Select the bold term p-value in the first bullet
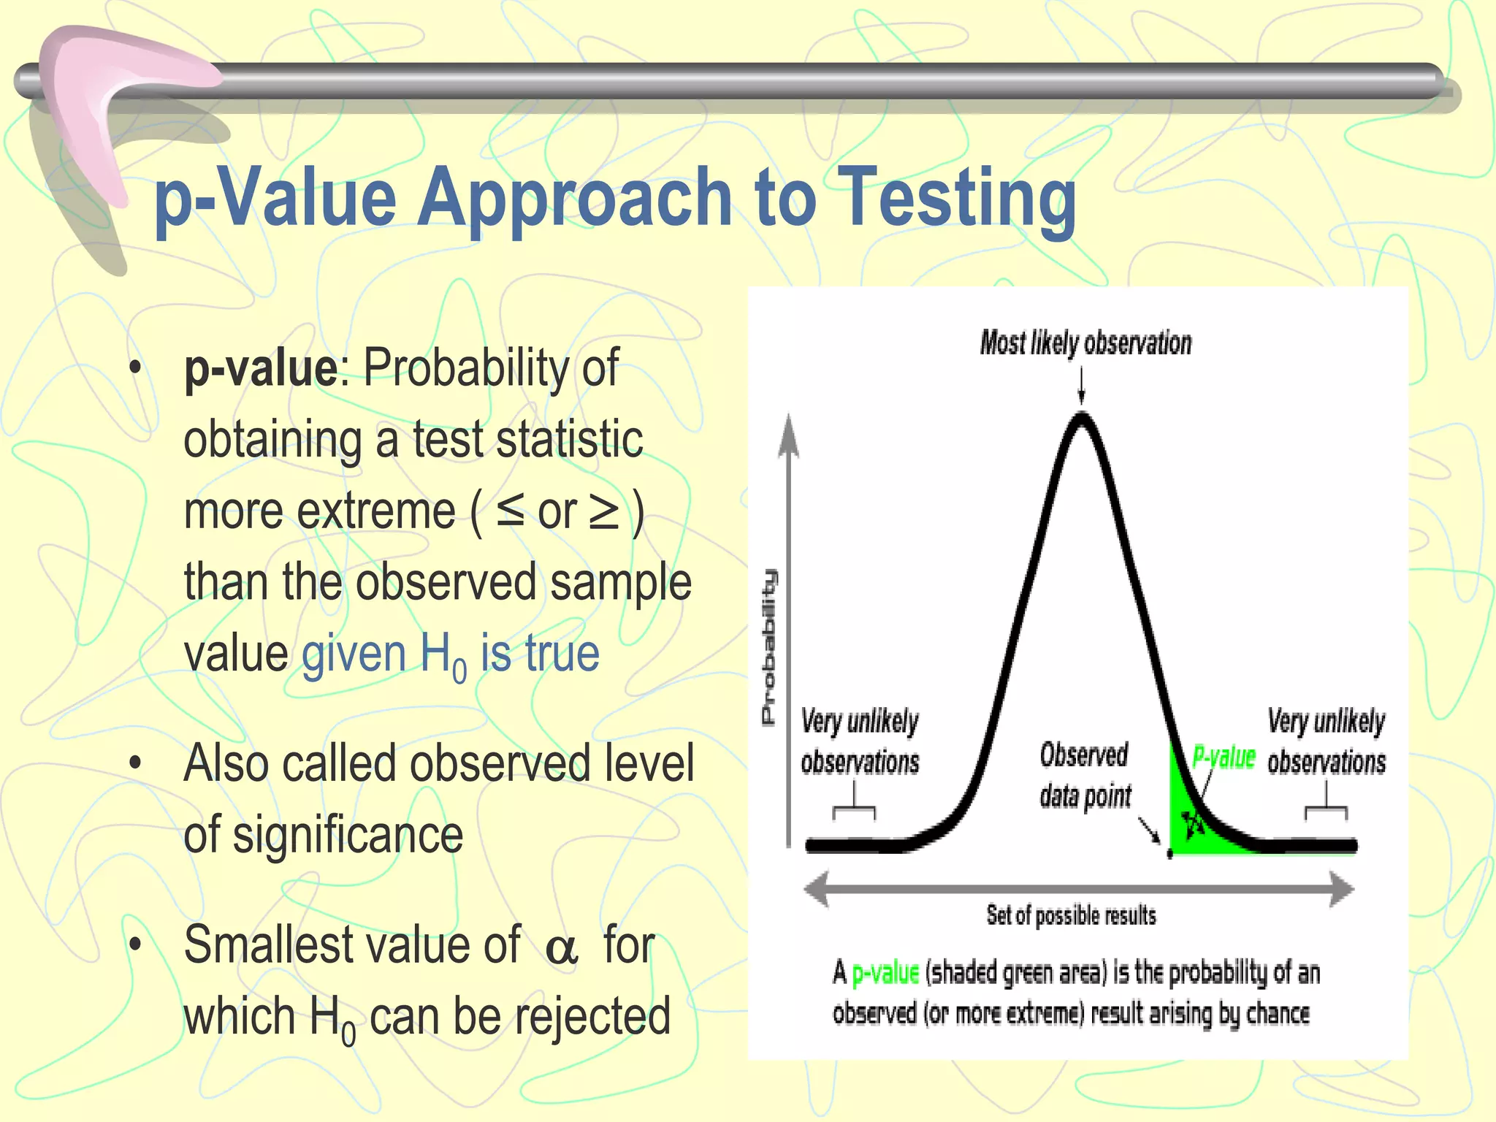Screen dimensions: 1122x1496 click(x=260, y=367)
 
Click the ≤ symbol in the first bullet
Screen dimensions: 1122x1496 click(x=510, y=511)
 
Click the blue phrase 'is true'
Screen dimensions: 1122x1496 click(x=539, y=653)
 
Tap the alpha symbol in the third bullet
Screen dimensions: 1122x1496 click(x=561, y=949)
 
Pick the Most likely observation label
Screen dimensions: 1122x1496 click(x=1085, y=343)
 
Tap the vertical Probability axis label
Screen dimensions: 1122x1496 click(x=769, y=646)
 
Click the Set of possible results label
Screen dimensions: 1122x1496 click(x=1071, y=915)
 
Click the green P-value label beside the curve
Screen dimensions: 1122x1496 click(x=1224, y=757)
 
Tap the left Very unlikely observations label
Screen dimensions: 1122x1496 click(x=859, y=741)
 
